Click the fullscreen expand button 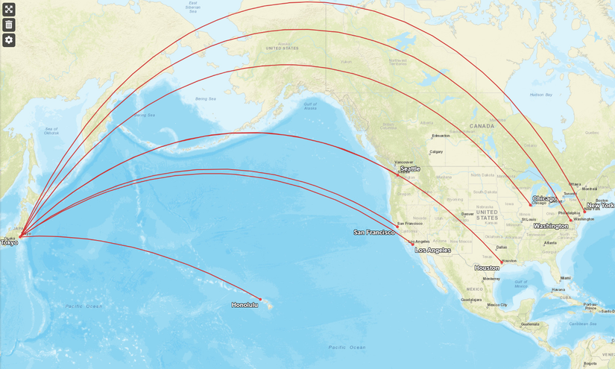(x=9, y=10)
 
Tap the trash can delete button (x=9, y=25)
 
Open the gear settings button (x=9, y=40)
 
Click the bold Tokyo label (x=9, y=243)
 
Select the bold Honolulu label (x=245, y=305)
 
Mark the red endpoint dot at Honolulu (x=260, y=299)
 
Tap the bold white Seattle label (x=410, y=169)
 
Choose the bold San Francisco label (x=373, y=233)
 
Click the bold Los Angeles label (x=433, y=250)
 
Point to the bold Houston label (x=487, y=268)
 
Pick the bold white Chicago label (x=544, y=198)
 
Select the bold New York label (x=600, y=205)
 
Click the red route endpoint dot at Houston (x=502, y=262)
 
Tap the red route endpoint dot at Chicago (x=531, y=204)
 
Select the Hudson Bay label (x=540, y=95)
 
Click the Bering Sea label (x=205, y=98)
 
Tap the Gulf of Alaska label (x=311, y=106)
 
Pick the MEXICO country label (x=475, y=288)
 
